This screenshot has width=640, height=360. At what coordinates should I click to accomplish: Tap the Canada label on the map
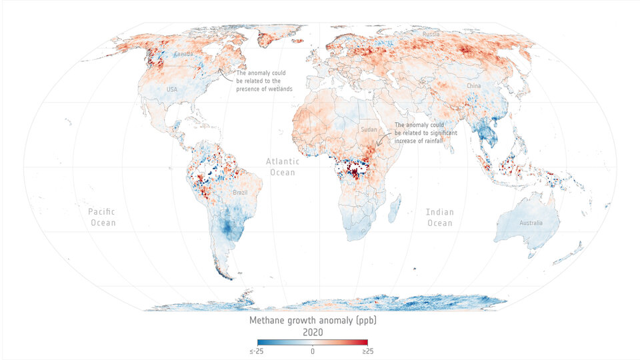point(183,53)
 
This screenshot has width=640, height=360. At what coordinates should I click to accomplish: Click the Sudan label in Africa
point(368,129)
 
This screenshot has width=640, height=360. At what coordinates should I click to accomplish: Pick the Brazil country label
point(241,193)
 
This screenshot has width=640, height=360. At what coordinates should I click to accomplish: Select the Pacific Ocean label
point(102,217)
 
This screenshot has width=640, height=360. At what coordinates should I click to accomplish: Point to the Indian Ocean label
point(439,217)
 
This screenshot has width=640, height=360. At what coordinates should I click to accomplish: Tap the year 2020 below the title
point(313,331)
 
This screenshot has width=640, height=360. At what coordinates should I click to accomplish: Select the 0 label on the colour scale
point(313,351)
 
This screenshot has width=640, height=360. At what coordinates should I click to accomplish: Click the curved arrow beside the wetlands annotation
point(225,73)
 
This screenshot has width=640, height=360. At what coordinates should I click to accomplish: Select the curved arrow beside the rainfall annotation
point(383,138)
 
